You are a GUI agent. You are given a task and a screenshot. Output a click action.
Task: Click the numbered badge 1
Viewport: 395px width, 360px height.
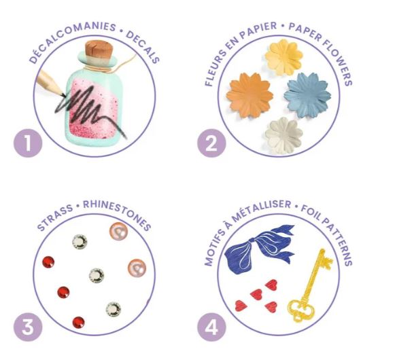pos(28,143)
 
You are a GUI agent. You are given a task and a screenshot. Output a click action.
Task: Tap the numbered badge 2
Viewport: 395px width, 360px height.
pos(211,143)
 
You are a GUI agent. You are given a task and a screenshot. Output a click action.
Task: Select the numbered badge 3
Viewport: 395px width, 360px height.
pos(28,327)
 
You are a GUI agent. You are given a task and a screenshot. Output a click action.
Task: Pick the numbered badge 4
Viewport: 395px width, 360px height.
pos(211,327)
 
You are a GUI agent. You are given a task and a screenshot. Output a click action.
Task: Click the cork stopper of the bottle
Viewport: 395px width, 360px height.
pos(99,50)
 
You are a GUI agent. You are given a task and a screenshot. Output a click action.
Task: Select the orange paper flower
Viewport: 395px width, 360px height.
pos(250,95)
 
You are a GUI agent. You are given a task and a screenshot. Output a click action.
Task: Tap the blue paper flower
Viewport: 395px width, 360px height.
pos(307,95)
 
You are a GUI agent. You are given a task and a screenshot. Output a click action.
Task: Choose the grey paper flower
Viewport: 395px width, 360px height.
pos(284,135)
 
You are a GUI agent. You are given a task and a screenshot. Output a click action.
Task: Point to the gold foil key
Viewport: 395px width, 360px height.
pos(310,286)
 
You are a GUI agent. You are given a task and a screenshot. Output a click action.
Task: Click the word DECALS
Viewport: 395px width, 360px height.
pos(143,47)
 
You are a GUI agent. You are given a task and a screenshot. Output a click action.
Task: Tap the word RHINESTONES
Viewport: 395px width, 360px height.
pos(117,215)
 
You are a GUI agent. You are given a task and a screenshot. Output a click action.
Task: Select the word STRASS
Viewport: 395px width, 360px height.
pos(54,217)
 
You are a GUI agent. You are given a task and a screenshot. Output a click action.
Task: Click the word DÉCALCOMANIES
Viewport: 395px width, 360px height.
pos(72,40)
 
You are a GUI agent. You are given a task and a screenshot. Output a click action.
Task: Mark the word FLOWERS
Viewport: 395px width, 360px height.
pos(337,63)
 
